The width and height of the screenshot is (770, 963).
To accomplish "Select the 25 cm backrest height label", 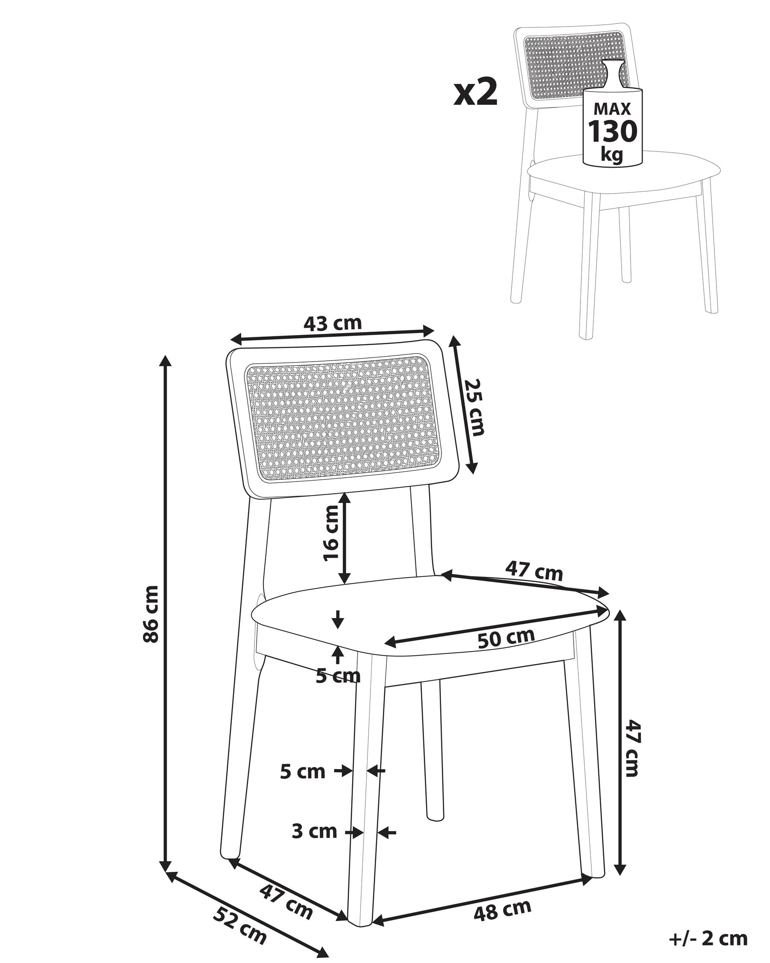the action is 474,407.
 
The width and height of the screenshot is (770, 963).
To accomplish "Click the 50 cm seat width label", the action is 506,638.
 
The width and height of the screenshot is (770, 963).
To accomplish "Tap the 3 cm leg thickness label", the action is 314,832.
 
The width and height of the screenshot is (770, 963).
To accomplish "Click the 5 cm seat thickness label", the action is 338,676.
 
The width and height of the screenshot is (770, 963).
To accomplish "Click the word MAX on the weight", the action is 613,109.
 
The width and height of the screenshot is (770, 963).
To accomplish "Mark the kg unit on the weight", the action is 612,155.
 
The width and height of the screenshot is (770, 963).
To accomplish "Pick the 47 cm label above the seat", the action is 534,571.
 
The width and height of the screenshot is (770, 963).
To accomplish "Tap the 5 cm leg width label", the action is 302,772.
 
